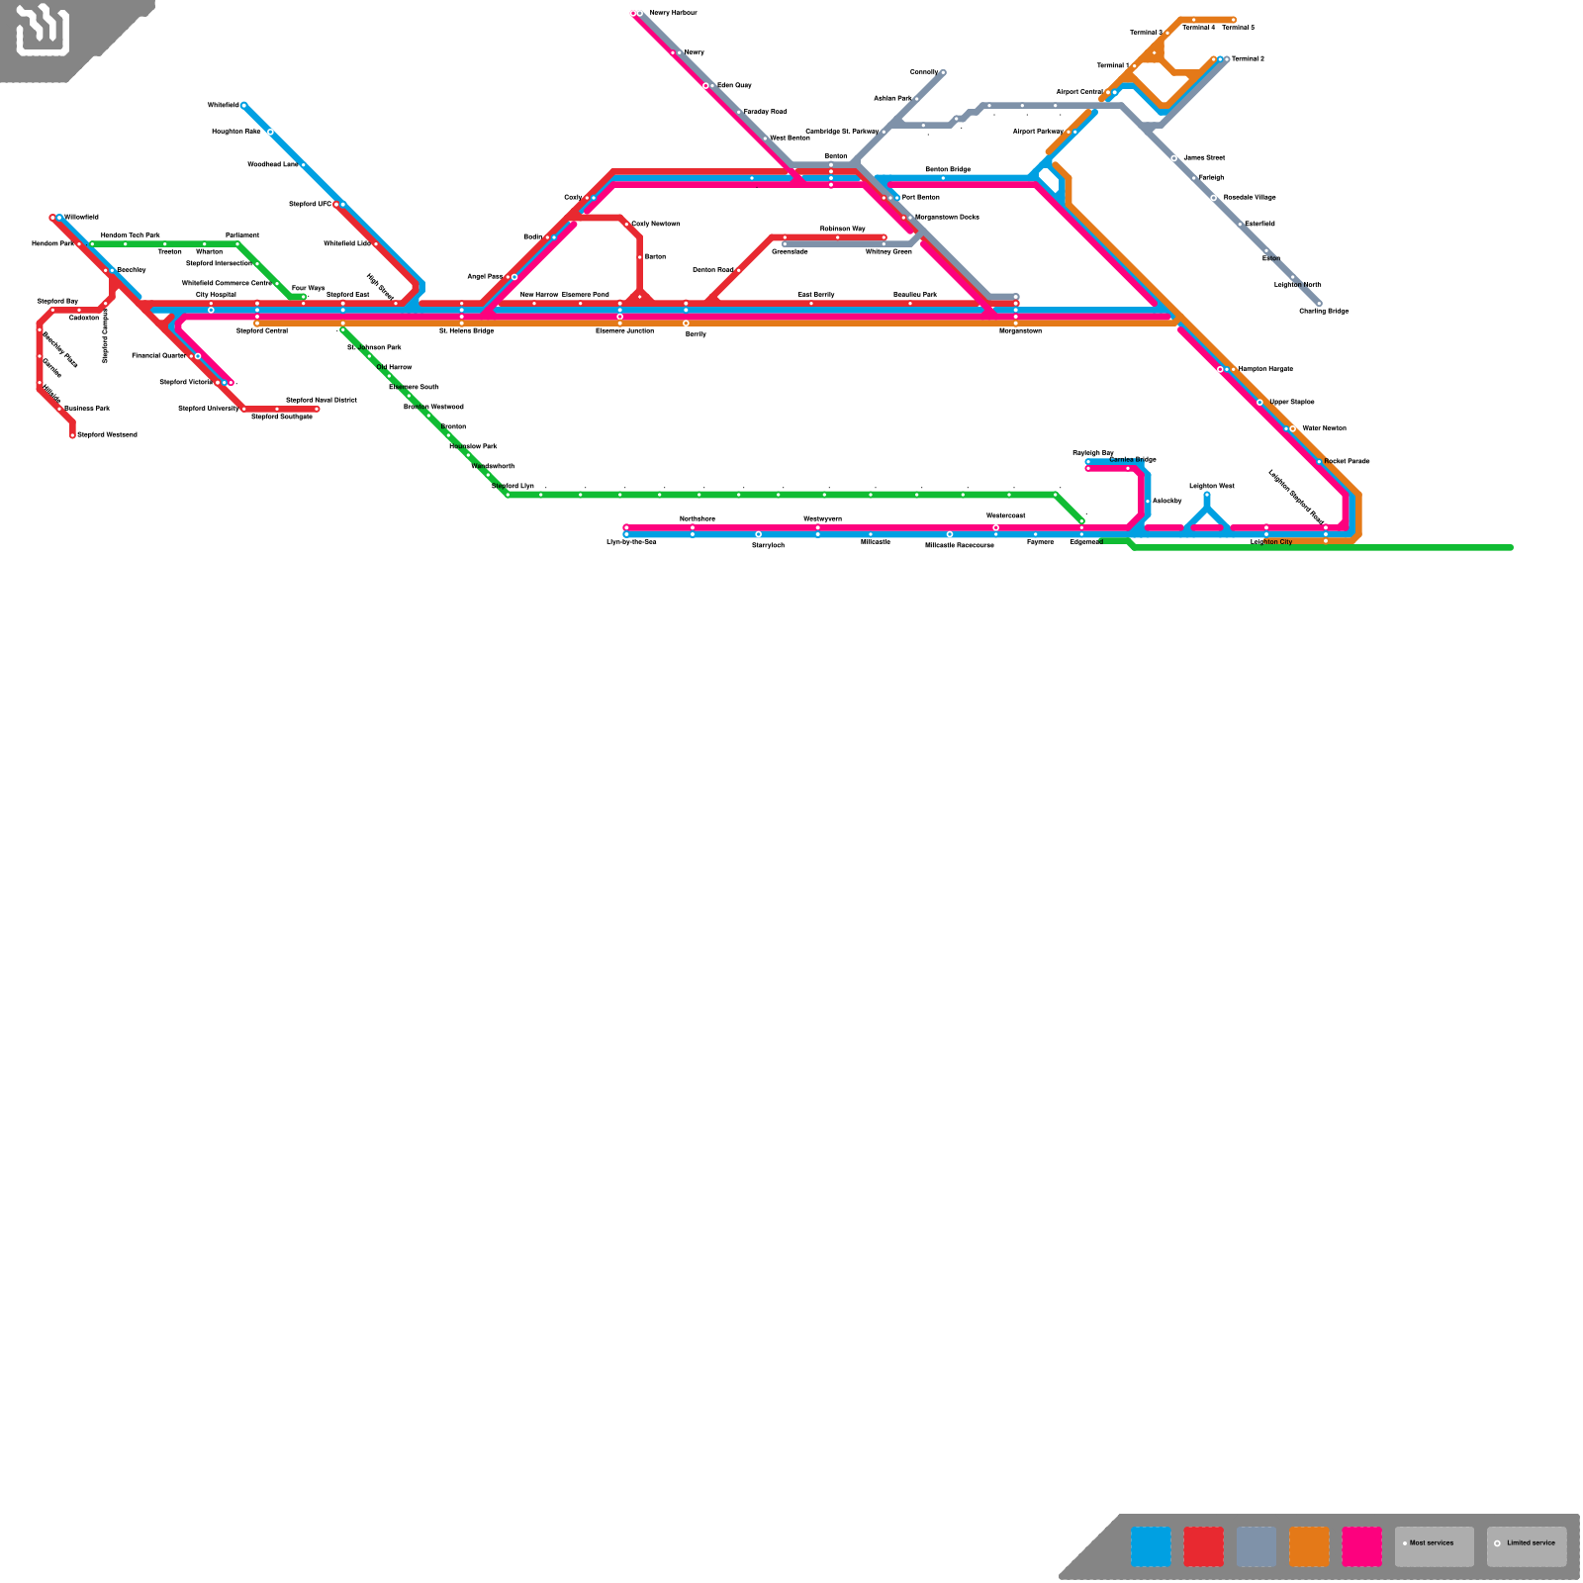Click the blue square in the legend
pyautogui.click(x=1151, y=1546)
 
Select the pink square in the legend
pyautogui.click(x=1361, y=1546)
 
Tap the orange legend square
pyautogui.click(x=1309, y=1546)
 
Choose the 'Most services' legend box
pyautogui.click(x=1434, y=1546)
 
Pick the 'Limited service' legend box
pyautogui.click(x=1526, y=1546)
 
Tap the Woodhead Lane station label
pyautogui.click(x=272, y=164)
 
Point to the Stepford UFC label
pyautogui.click(x=310, y=204)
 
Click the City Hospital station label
pyautogui.click(x=216, y=294)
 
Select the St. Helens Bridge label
pyautogui.click(x=466, y=330)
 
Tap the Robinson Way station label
pyautogui.click(x=842, y=229)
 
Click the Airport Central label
pyautogui.click(x=1078, y=92)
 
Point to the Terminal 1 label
pyautogui.click(x=1112, y=65)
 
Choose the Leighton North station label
pyautogui.click(x=1297, y=285)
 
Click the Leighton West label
pyautogui.click(x=1211, y=486)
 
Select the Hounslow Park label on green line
pyautogui.click(x=473, y=446)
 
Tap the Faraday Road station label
pyautogui.click(x=765, y=112)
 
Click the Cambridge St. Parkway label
pyautogui.click(x=841, y=132)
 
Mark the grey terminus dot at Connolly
pyautogui.click(x=943, y=72)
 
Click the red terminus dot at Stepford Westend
pyautogui.click(x=72, y=434)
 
